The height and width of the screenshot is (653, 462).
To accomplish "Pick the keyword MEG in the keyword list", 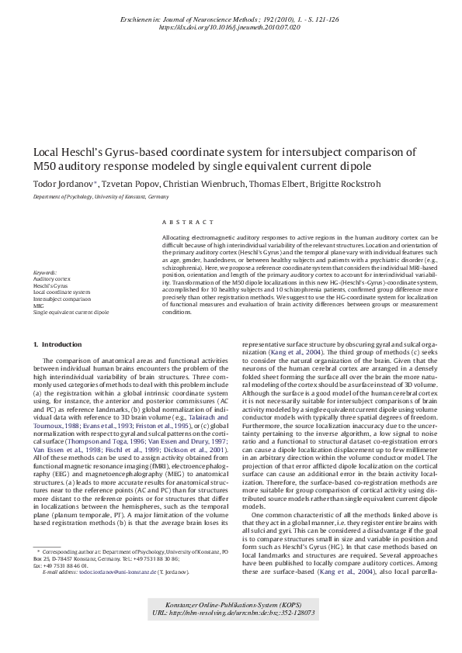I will [38, 306].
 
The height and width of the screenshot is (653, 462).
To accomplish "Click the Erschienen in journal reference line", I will [231, 17].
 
